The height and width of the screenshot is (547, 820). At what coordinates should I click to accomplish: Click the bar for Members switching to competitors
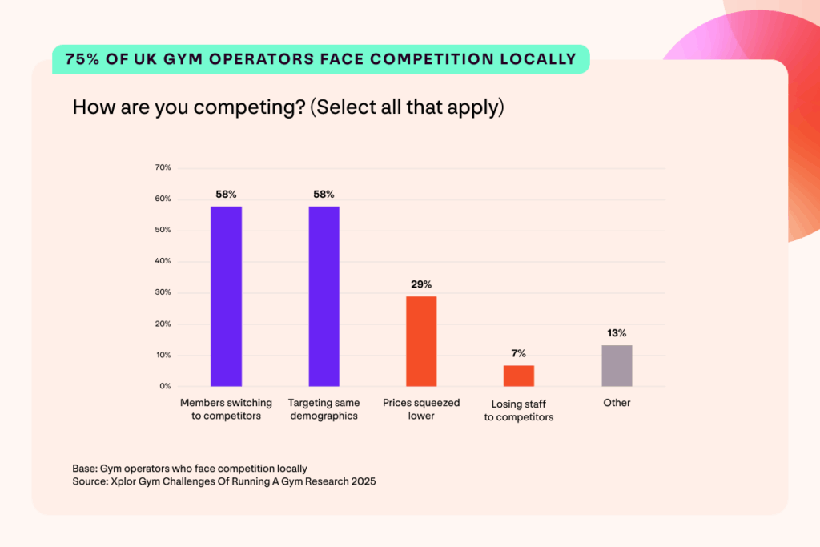[227, 296]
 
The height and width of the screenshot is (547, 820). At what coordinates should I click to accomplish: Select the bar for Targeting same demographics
[324, 296]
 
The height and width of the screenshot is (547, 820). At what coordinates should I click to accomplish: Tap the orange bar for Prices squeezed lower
[421, 341]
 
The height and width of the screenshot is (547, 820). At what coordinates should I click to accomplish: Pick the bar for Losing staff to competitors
[519, 376]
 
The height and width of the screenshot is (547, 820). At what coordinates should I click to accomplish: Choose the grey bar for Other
[617, 366]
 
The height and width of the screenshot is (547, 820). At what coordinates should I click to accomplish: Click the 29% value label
[422, 284]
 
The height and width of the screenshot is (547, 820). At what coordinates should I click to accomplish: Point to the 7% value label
[519, 353]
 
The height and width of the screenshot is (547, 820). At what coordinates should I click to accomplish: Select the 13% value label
[617, 333]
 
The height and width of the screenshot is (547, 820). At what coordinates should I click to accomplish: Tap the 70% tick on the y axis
[163, 167]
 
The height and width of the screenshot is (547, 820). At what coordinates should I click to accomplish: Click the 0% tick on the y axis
[164, 386]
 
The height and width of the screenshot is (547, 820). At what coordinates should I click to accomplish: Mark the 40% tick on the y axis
[163, 261]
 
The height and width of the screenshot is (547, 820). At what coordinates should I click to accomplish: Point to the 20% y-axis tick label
[163, 324]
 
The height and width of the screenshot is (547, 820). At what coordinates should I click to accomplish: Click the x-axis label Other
[617, 403]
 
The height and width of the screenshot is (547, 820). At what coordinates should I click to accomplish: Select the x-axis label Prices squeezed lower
[421, 409]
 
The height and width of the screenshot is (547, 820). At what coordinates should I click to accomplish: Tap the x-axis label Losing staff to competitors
[519, 410]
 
